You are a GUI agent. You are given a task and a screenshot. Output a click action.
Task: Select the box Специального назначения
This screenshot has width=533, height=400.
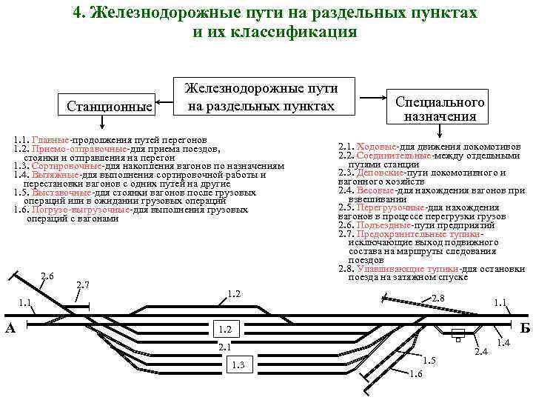[x=440, y=109]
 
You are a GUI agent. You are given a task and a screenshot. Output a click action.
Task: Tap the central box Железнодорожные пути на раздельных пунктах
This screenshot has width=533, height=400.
[x=261, y=97]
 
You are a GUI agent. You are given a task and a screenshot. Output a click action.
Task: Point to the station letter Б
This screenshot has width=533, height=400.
[x=525, y=327]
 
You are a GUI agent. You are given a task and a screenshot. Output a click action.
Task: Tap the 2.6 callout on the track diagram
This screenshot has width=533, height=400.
[x=47, y=276]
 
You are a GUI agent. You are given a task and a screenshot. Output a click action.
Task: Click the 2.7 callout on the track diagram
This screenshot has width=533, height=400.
[x=83, y=285]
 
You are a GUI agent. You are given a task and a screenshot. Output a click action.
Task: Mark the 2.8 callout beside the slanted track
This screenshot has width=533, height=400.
[x=438, y=299]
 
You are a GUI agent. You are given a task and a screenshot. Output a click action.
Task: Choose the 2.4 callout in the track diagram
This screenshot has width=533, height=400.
[x=481, y=350]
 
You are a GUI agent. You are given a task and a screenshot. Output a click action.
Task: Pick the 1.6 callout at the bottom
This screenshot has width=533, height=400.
[x=415, y=373]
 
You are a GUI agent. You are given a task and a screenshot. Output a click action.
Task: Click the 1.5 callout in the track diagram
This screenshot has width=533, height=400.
[x=429, y=360]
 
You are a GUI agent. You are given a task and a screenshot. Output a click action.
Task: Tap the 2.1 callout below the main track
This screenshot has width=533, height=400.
[x=225, y=346]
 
